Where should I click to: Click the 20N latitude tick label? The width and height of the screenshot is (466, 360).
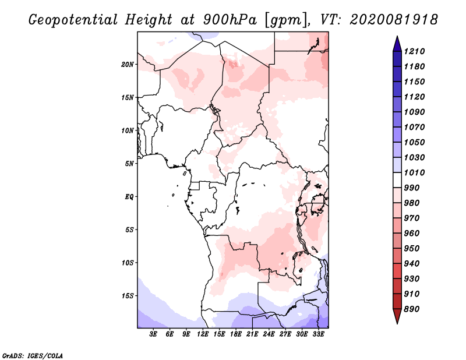128,65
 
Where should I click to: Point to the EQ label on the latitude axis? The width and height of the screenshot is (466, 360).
129,197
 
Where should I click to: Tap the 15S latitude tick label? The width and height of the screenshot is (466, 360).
128,296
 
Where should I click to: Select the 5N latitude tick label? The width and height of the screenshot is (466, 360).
129,164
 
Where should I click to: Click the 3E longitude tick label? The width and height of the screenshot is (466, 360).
153,334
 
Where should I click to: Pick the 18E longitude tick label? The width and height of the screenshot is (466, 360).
236,334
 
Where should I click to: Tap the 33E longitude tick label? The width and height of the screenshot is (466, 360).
318,334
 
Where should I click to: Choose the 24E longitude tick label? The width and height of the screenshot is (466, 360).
269,334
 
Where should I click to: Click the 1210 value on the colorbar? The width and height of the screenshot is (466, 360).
414,51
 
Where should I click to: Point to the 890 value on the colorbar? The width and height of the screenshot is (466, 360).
412,309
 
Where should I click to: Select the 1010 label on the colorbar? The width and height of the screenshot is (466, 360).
414,172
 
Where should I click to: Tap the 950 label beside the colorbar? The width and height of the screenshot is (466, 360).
412,249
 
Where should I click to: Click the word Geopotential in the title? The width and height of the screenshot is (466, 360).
73,20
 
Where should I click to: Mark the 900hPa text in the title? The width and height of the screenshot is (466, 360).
230,20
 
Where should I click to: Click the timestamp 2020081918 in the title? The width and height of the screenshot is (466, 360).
394,20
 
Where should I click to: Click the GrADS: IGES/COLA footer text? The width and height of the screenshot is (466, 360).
33,356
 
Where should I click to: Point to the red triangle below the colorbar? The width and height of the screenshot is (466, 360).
397,316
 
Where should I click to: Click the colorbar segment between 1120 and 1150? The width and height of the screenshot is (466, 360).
397,89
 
